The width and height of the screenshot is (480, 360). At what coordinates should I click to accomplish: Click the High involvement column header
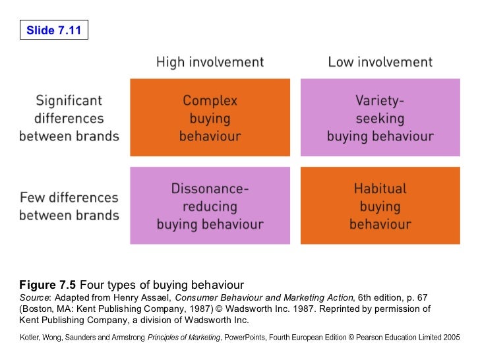pos(210,63)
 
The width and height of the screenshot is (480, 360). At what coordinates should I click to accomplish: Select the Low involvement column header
pos(380,63)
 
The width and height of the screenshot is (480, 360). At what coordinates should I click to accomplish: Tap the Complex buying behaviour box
pos(210,118)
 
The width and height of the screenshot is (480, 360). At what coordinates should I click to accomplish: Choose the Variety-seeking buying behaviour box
pos(380,118)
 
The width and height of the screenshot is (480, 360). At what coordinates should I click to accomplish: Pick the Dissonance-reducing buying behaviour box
pos(210,206)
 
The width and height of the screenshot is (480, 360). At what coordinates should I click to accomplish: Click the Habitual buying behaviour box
pos(380,206)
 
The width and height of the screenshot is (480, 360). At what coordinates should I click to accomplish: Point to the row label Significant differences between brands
pos(69,119)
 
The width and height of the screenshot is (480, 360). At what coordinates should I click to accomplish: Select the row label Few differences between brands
pos(69,206)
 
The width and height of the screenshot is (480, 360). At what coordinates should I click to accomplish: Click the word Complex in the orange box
pos(210,101)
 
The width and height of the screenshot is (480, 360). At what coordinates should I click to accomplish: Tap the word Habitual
pos(380,189)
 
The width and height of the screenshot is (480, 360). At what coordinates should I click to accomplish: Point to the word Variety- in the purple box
pos(380,101)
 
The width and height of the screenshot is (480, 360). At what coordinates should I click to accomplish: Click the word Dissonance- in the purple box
pos(210,189)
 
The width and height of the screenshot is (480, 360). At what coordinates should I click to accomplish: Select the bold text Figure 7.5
pos(47,285)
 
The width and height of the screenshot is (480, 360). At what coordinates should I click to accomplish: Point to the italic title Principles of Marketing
pos(185,337)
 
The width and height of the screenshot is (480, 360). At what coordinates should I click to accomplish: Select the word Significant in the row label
pos(69,102)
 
